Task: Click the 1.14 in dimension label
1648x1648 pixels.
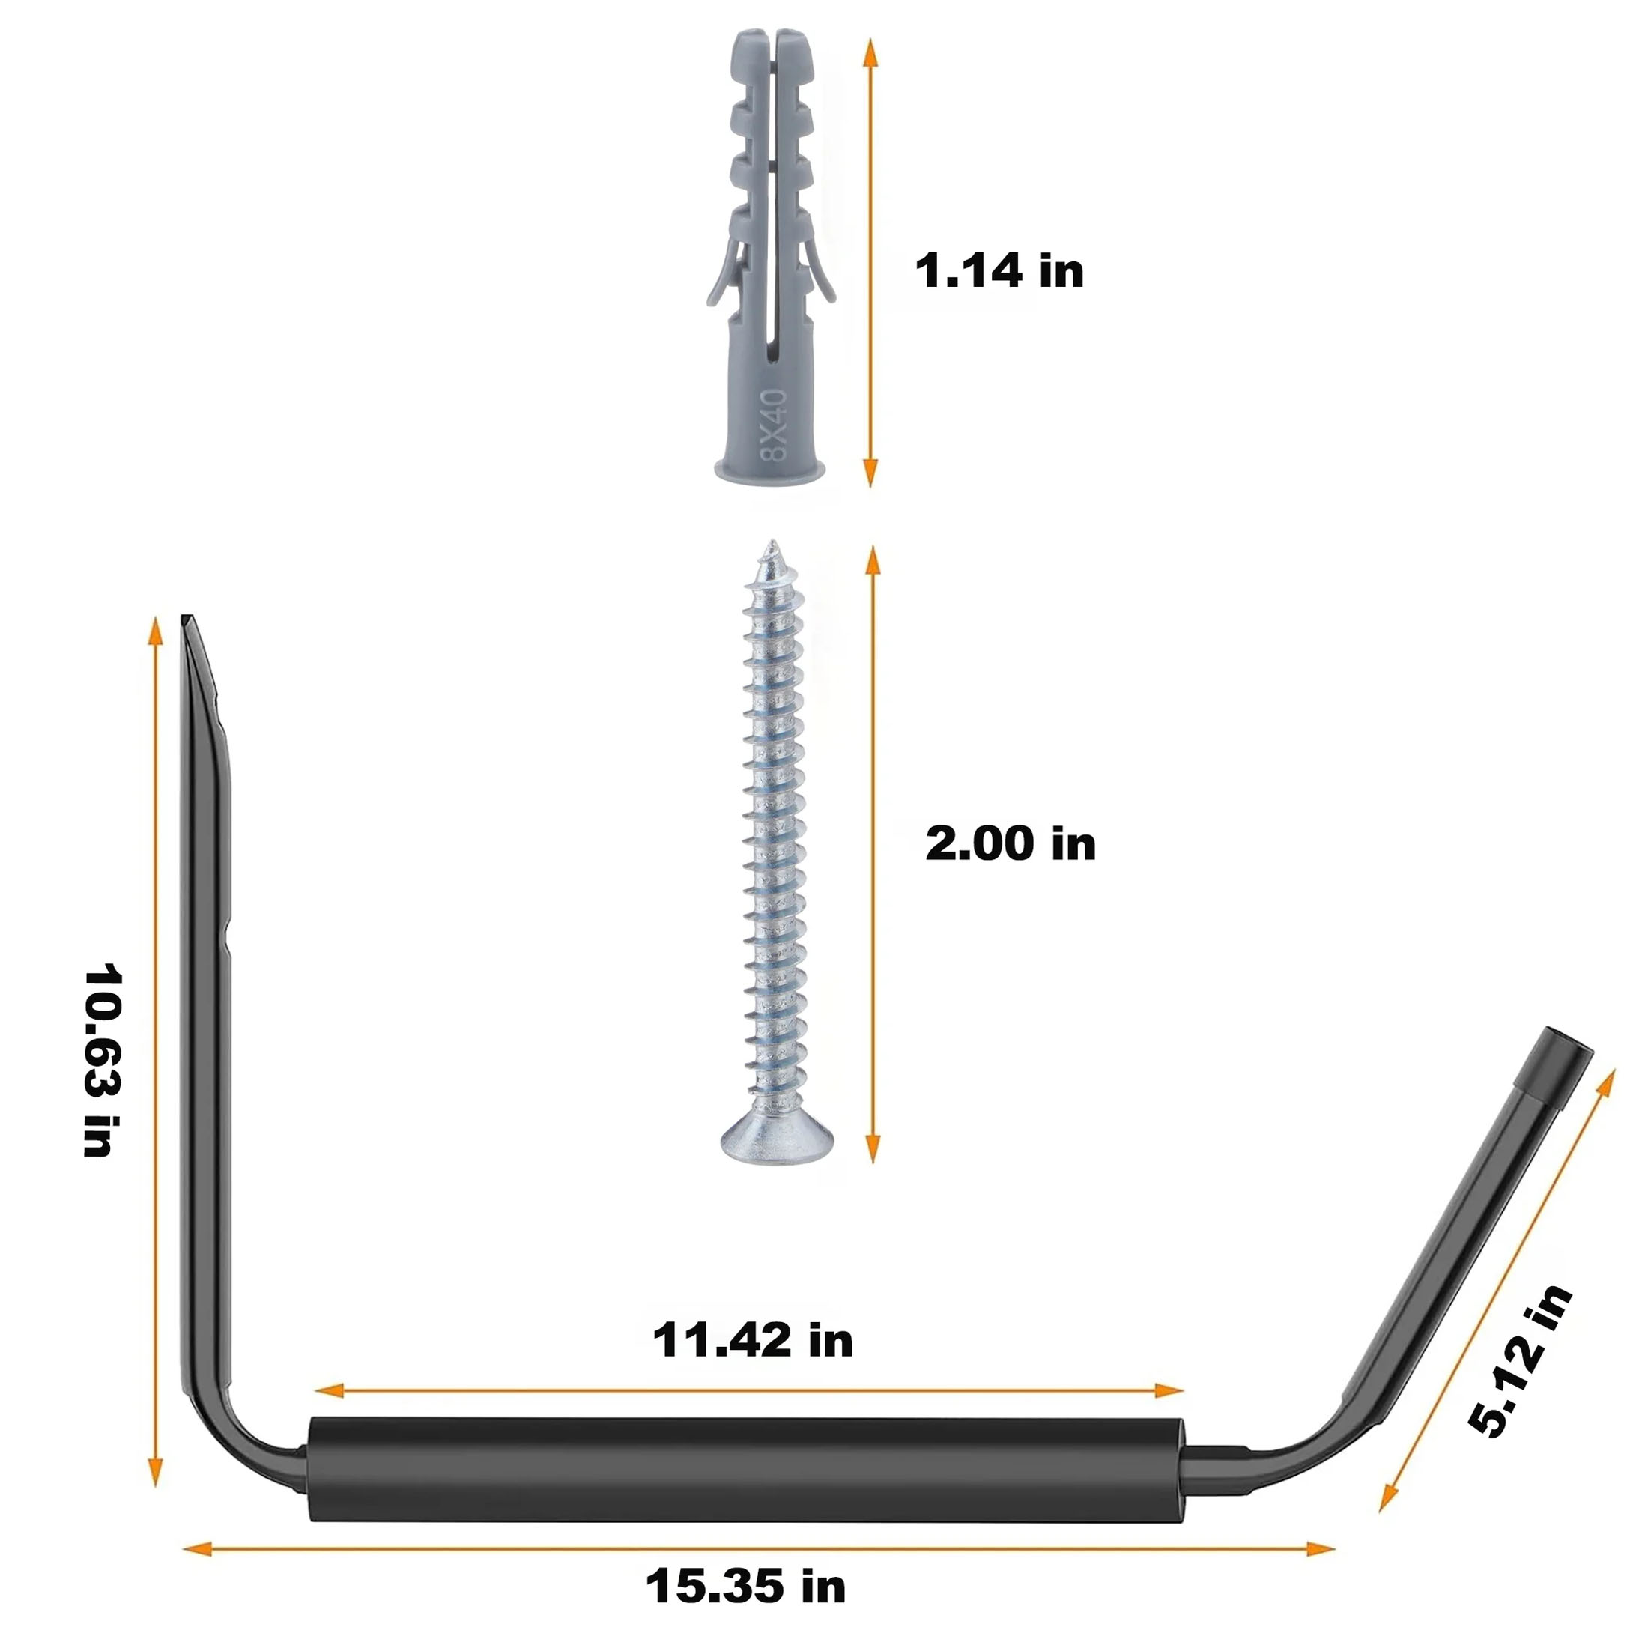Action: tap(999, 271)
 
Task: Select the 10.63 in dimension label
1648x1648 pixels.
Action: tap(103, 1059)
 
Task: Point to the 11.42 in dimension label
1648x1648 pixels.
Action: tap(753, 1340)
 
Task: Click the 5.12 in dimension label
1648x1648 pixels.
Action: tap(1521, 1373)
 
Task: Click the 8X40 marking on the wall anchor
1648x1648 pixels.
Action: tap(775, 425)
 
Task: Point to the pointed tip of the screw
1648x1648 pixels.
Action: tap(773, 540)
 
